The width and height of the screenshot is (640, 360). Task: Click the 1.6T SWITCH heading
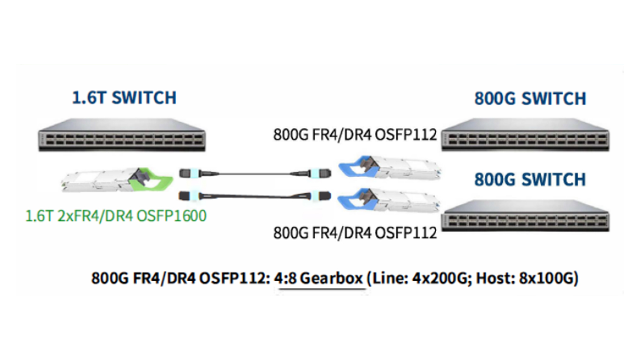(x=124, y=97)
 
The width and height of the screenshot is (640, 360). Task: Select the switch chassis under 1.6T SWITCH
(x=121, y=135)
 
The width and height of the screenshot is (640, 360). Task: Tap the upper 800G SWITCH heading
(x=530, y=99)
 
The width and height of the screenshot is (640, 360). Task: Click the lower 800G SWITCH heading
(x=530, y=180)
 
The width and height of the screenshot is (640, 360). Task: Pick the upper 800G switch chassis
(x=526, y=135)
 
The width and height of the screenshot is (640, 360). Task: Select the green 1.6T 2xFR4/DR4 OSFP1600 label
(x=116, y=217)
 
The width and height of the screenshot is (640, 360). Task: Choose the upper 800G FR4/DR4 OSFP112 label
(x=355, y=135)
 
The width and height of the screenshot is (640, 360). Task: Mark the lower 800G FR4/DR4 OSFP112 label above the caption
(x=355, y=232)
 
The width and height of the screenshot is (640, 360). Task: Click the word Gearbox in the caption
(x=331, y=278)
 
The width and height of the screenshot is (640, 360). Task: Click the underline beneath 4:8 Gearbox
(x=321, y=289)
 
